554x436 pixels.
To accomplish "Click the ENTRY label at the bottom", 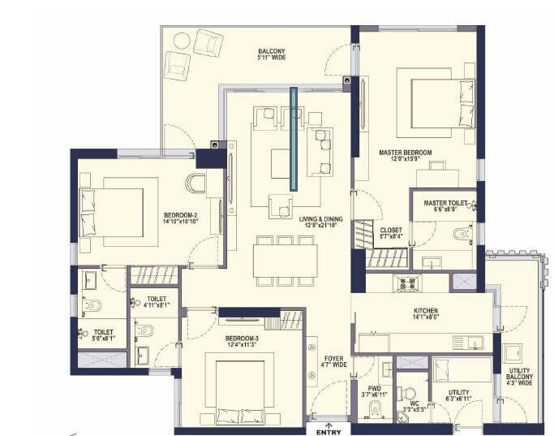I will pos(328,431).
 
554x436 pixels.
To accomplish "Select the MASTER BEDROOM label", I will pos(405,153).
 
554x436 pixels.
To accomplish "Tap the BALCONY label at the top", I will pos(271,50).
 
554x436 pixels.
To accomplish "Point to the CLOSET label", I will pos(391,230).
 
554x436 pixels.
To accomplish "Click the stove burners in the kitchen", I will pos(404,283).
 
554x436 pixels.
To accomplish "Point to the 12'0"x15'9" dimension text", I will pos(405,160).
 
